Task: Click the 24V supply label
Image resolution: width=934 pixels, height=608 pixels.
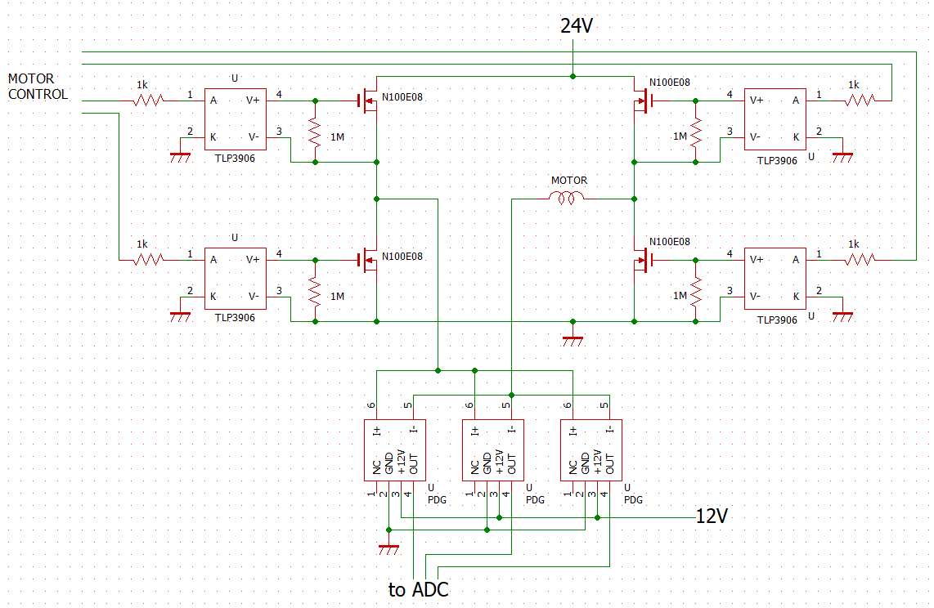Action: coord(576,25)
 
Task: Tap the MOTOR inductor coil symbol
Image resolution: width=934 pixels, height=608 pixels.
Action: coord(567,198)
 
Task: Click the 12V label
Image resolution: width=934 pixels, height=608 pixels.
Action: coord(712,516)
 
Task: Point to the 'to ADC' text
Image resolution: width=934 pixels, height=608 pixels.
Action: coord(418,589)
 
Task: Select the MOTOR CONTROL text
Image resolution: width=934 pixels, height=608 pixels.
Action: coord(38,87)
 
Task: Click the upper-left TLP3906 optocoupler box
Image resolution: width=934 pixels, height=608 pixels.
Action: coord(236,119)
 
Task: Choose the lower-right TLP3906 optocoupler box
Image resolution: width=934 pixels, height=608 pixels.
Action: coord(775,279)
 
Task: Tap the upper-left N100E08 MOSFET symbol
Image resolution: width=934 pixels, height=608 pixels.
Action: coord(369,101)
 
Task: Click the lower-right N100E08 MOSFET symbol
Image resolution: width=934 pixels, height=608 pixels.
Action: coord(643,260)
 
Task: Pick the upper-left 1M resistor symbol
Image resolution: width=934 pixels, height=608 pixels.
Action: coord(315,132)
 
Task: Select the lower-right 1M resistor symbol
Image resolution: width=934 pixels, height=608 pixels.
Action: coord(695,291)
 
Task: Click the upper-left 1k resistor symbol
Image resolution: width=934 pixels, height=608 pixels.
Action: coord(148,101)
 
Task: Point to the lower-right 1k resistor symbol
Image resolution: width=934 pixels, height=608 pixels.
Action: coord(860,260)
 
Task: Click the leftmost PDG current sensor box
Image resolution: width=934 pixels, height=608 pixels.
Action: coord(395,449)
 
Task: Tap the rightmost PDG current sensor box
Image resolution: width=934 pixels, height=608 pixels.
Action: coord(590,449)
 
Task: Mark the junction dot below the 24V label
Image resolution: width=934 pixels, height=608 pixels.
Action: coord(573,76)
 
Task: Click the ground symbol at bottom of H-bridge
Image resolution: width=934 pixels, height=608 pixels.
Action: coord(573,340)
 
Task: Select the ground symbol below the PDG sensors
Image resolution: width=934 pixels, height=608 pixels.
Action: coord(388,548)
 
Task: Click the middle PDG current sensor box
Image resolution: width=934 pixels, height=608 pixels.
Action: coord(493,449)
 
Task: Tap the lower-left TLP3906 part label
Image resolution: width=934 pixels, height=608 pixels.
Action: coord(235,318)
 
